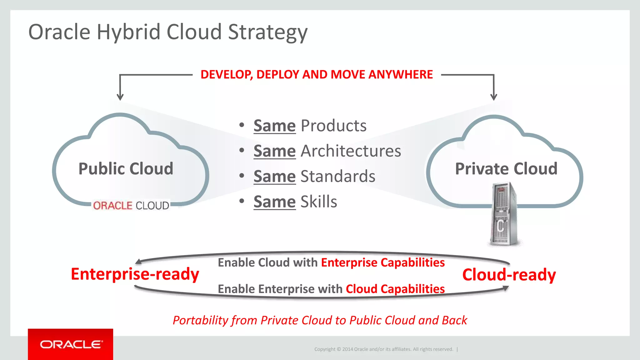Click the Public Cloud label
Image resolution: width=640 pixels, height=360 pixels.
pyautogui.click(x=126, y=169)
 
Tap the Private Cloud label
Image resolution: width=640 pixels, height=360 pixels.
pyautogui.click(x=506, y=169)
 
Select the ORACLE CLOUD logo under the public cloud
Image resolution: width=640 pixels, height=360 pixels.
pyautogui.click(x=131, y=206)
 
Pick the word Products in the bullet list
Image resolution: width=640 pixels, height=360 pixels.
pyautogui.click(x=333, y=126)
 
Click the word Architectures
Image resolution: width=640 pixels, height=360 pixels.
pyautogui.click(x=351, y=151)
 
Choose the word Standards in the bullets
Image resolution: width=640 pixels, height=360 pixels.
pyautogui.click(x=338, y=176)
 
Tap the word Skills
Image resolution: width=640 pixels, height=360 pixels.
pyautogui.click(x=319, y=202)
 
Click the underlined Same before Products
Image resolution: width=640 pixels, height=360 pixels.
pyautogui.click(x=274, y=126)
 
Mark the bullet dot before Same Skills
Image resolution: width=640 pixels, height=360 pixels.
pyautogui.click(x=242, y=201)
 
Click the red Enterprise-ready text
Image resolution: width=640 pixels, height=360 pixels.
pyautogui.click(x=135, y=274)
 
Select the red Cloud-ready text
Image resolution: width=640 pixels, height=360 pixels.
pyautogui.click(x=509, y=275)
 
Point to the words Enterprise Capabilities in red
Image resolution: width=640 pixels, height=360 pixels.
pyautogui.click(x=383, y=262)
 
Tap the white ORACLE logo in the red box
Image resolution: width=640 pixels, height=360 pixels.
pyautogui.click(x=71, y=344)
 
